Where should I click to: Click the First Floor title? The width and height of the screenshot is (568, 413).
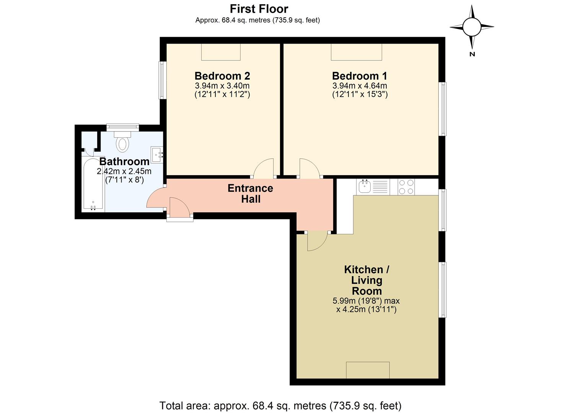pyautogui.click(x=259, y=9)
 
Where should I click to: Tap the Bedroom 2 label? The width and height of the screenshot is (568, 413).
pyautogui.click(x=222, y=76)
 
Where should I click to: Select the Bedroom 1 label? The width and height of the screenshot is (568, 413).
pyautogui.click(x=360, y=76)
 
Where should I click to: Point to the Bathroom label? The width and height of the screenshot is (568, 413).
pyautogui.click(x=124, y=161)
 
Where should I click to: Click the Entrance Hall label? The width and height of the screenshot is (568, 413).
pyautogui.click(x=251, y=193)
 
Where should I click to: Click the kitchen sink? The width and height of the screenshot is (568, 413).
pyautogui.click(x=365, y=187)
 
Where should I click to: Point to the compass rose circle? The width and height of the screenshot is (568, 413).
pyautogui.click(x=472, y=27)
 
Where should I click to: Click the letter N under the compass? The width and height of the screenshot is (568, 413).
pyautogui.click(x=472, y=54)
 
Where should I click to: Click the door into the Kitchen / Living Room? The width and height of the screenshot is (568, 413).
pyautogui.click(x=317, y=241)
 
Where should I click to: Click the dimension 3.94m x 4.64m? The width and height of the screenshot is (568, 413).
pyautogui.click(x=360, y=86)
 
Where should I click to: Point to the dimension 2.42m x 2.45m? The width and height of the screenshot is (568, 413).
pyautogui.click(x=124, y=171)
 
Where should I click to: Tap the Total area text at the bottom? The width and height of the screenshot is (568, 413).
pyautogui.click(x=280, y=406)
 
